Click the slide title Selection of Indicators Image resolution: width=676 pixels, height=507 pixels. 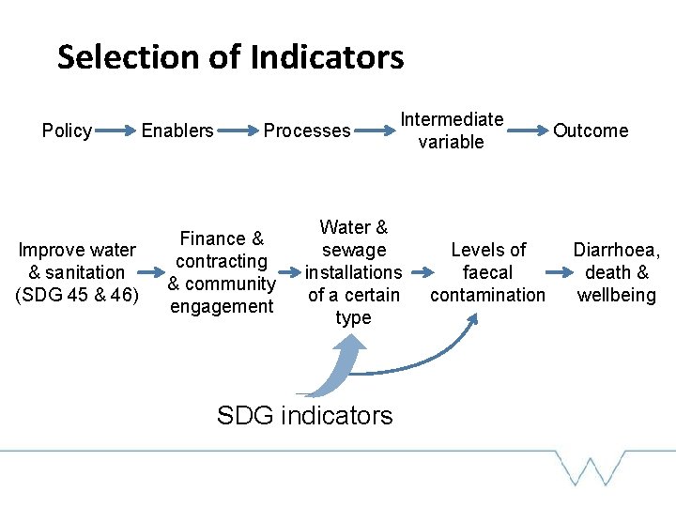[x=230, y=57]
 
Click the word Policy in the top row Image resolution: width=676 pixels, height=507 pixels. [x=67, y=131]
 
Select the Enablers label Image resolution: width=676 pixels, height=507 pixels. [x=177, y=131]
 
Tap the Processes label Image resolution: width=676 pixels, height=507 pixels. [x=307, y=131]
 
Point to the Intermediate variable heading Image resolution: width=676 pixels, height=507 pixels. [x=452, y=131]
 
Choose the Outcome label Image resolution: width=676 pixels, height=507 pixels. [x=591, y=131]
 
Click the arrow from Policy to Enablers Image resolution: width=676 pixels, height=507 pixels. [x=116, y=131]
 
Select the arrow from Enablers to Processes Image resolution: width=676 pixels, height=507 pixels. [x=239, y=131]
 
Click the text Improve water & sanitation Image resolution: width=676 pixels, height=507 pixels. [x=77, y=261]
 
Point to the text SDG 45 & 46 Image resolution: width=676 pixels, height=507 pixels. [x=77, y=295]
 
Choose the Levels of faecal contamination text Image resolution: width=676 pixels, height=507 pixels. [x=487, y=272]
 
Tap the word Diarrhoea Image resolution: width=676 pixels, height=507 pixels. [x=617, y=250]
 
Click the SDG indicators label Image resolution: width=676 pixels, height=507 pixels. [x=304, y=415]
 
